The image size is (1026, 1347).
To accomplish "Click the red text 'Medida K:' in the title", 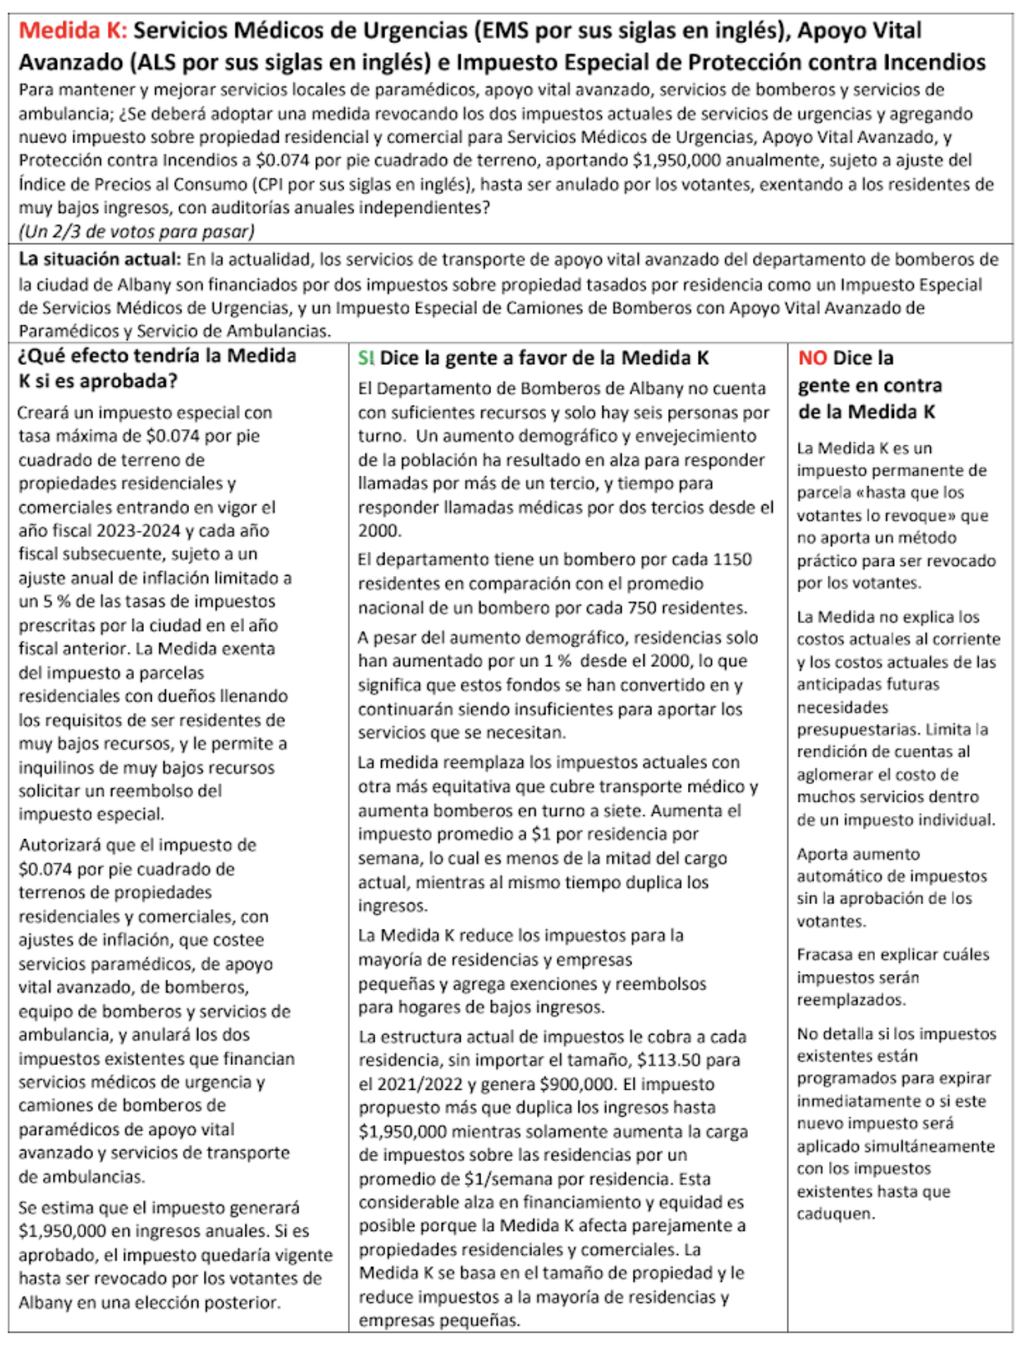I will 72,31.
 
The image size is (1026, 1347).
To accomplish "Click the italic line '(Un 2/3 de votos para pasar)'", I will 136,231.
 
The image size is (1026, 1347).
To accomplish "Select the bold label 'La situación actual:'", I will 99,260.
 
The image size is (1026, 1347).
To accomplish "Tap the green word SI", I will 366,357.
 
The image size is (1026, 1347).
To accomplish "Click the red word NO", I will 812,357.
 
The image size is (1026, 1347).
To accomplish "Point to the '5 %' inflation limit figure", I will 54,601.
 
